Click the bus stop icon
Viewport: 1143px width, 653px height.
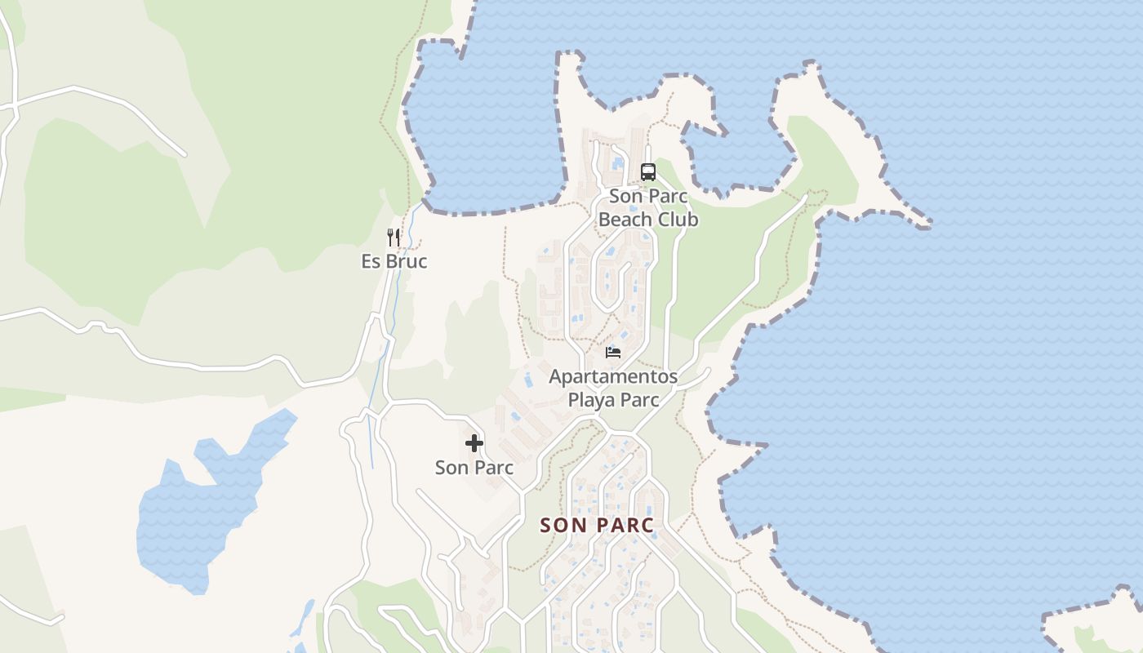coord(648,172)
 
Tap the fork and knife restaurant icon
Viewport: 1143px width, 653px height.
coord(394,238)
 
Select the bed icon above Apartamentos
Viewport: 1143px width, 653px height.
coord(613,353)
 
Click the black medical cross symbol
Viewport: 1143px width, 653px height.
coord(474,443)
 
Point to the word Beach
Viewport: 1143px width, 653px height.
coord(625,220)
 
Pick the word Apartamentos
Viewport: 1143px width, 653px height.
coord(613,377)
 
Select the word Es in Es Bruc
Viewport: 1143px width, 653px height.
coord(371,262)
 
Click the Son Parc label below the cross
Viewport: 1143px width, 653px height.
coord(474,468)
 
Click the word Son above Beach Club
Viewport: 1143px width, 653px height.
coord(626,197)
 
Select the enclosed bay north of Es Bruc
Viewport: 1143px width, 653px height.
coord(482,131)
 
